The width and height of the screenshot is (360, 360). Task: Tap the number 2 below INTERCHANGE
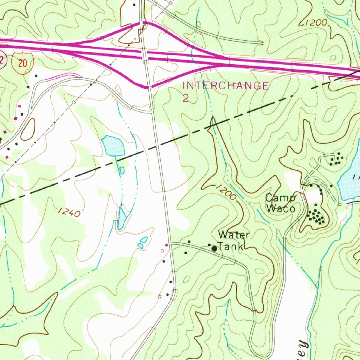[x=186, y=98]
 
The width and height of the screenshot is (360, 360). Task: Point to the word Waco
[x=280, y=208]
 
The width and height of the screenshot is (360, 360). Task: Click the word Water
[x=234, y=235]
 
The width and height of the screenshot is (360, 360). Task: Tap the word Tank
[x=230, y=246]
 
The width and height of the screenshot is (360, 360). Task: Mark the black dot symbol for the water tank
[x=214, y=249]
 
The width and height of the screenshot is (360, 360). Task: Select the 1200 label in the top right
[x=314, y=24]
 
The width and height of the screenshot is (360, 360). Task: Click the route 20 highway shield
[x=23, y=63]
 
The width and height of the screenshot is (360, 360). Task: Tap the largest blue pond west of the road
[x=113, y=146]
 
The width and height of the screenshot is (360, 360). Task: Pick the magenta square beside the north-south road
[x=167, y=245]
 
